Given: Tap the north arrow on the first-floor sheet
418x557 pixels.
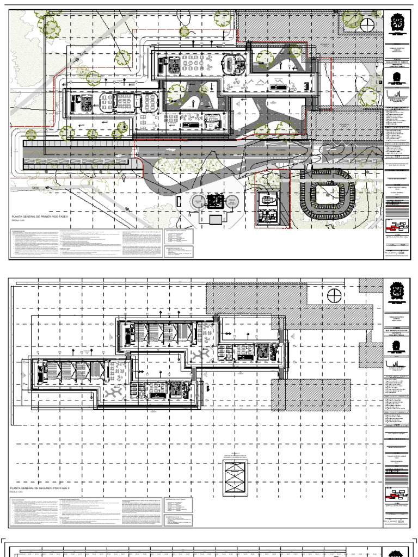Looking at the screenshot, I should (x=368, y=24).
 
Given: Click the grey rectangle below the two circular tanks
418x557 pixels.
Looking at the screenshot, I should (x=216, y=219).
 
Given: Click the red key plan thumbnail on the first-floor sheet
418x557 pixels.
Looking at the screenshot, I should (x=396, y=225).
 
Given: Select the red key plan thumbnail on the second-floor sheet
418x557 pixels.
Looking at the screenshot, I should (x=396, y=494).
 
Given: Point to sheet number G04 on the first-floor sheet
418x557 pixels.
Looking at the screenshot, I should (x=401, y=253).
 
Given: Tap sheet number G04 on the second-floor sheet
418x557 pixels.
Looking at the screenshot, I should (x=401, y=522).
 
